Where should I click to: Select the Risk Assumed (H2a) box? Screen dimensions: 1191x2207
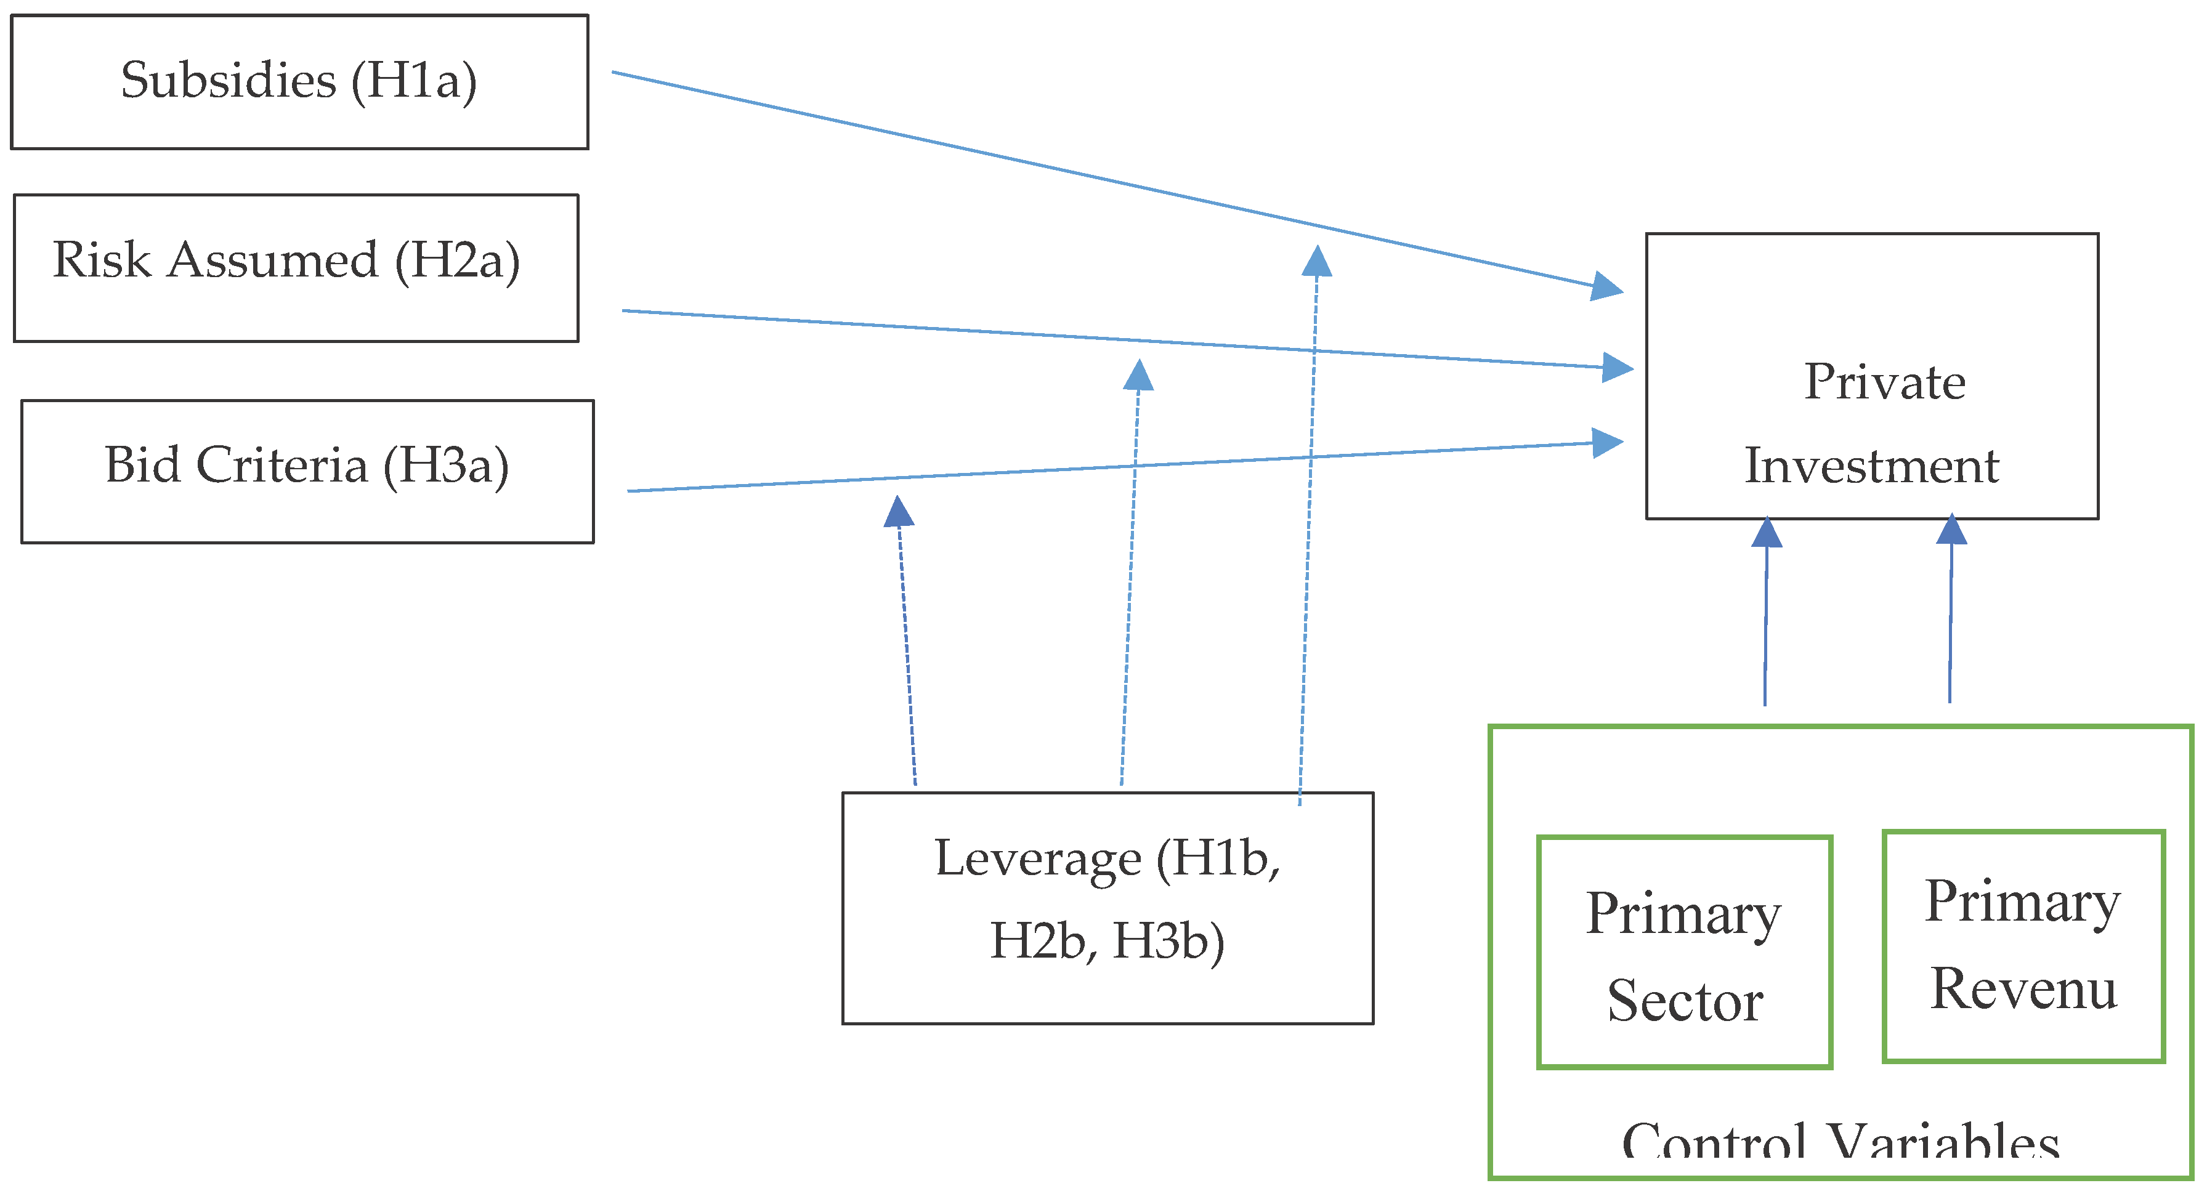point(296,268)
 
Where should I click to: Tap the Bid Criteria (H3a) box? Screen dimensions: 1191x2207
point(307,471)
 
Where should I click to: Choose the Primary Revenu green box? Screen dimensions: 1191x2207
point(2023,946)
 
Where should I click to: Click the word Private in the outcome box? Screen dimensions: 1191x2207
point(1884,382)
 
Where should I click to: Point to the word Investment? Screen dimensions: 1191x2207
point(1871,466)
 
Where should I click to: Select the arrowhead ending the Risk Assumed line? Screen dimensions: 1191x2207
point(1618,368)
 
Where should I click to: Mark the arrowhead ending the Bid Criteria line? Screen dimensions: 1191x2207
point(1607,443)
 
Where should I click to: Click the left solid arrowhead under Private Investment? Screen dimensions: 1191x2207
point(1767,531)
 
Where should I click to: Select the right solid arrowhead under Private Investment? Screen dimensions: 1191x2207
point(1952,528)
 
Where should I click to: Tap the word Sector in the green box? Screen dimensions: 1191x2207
point(1685,1001)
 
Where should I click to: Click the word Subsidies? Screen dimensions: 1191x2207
point(228,81)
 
